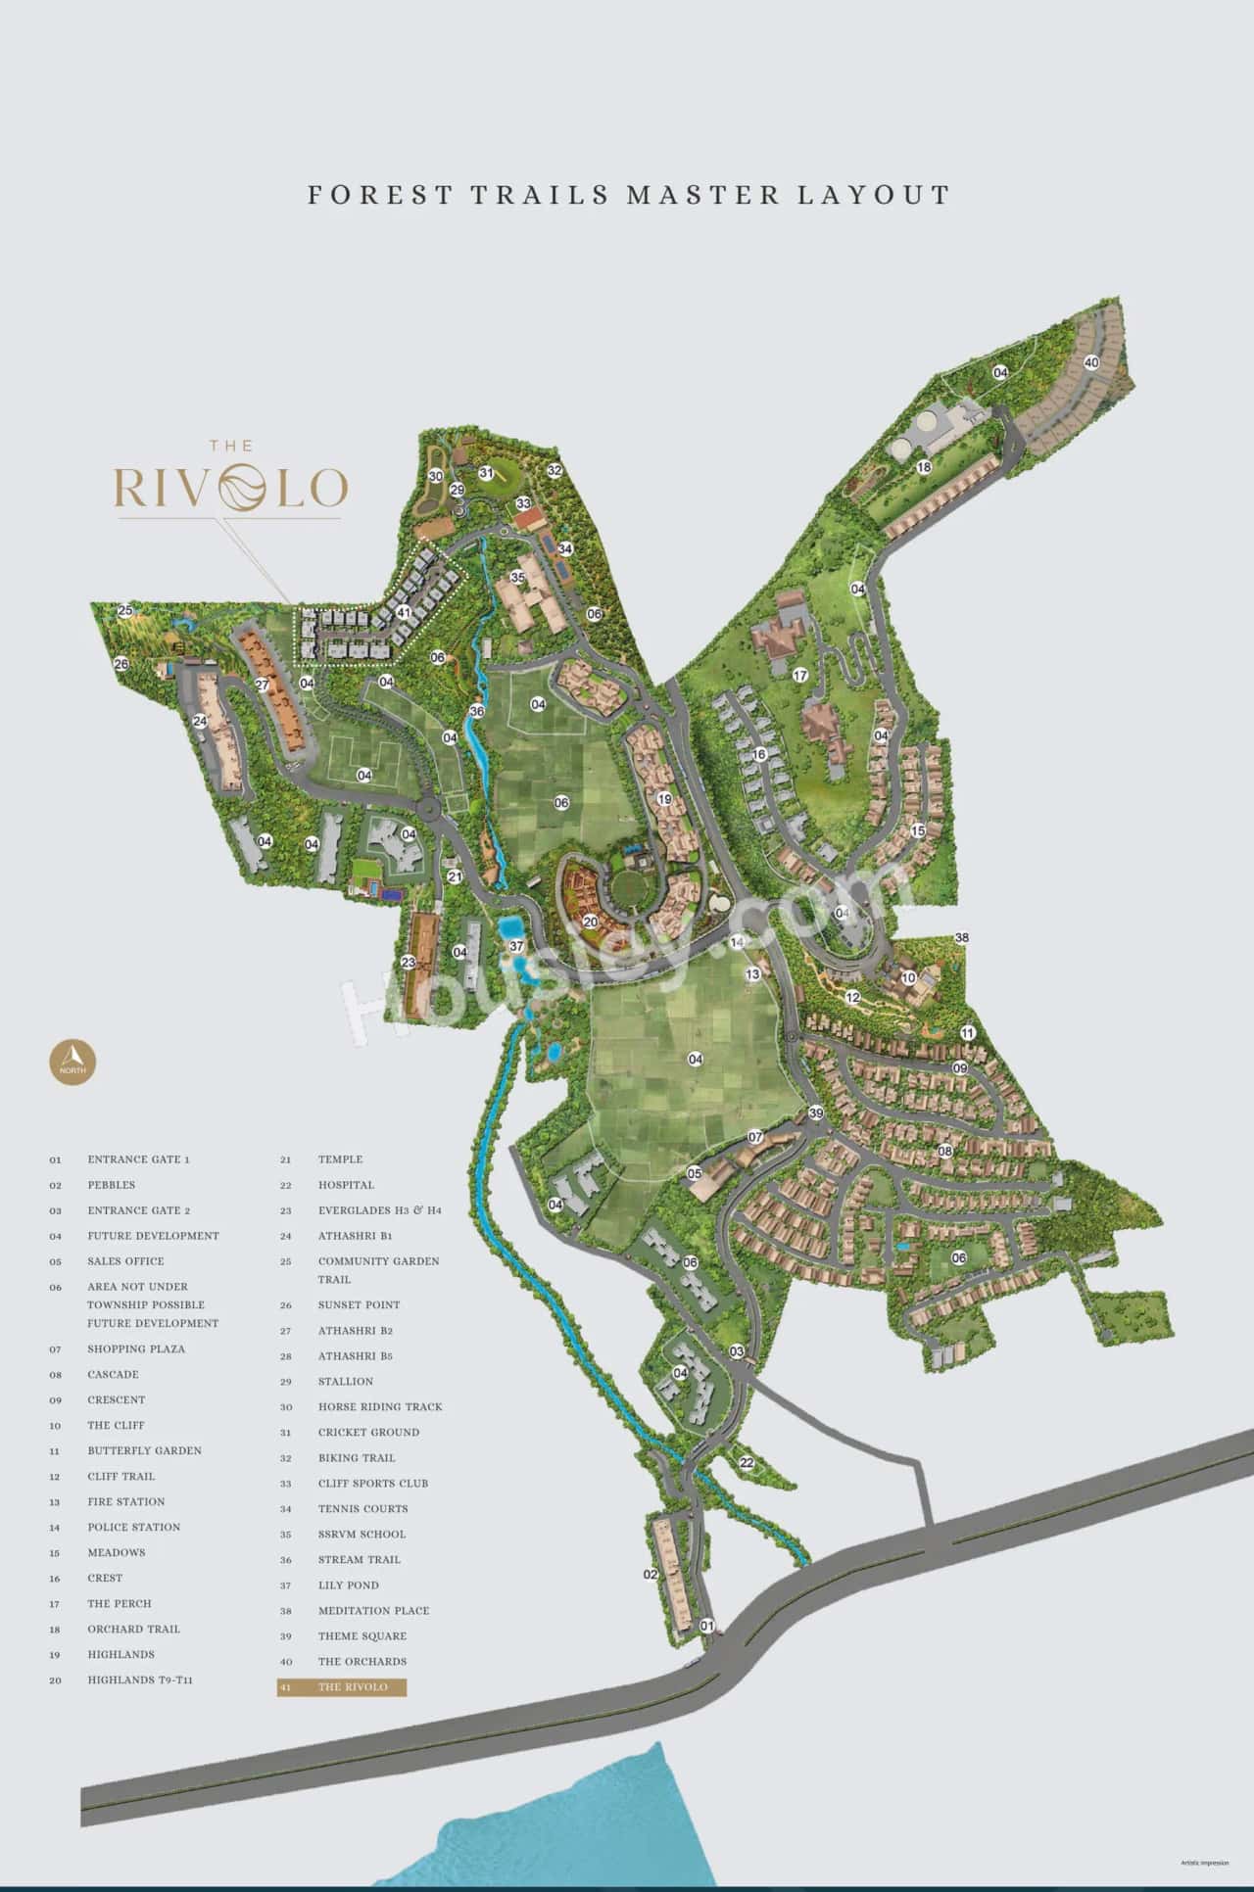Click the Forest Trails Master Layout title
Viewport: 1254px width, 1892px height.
628,194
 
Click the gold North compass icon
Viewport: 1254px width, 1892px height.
73,1060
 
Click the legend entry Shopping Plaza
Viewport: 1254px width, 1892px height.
135,1348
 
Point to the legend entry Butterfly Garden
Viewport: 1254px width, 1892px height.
144,1450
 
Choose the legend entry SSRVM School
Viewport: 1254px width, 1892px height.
362,1534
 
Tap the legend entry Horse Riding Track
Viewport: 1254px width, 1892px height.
379,1406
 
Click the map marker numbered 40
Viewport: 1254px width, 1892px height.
1091,362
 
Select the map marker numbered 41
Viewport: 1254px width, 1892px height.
404,612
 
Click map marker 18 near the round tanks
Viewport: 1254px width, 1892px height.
923,468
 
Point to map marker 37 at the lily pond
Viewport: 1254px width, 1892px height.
516,946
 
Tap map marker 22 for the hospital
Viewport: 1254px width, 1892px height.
747,1463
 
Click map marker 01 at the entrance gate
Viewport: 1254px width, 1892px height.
707,1626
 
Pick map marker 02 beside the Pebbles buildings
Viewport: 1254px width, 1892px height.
650,1575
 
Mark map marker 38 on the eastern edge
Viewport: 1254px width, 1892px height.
962,938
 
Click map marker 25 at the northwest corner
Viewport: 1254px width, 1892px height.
124,611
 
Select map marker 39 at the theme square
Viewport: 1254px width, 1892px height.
815,1114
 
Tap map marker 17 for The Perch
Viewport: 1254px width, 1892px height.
799,676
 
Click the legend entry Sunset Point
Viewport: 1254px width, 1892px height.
359,1304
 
